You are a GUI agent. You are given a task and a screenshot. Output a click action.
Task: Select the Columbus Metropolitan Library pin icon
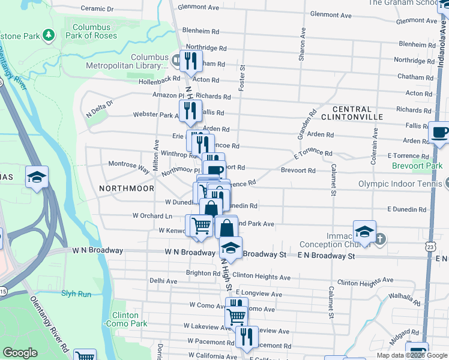(176, 60)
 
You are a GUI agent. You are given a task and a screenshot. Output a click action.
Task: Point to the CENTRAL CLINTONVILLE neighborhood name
(348, 113)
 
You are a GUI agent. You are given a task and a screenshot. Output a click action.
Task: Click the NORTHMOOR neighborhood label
(118, 188)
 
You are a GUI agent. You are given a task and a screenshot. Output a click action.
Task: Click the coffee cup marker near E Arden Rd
(439, 131)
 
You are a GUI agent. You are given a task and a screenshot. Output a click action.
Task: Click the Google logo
(20, 353)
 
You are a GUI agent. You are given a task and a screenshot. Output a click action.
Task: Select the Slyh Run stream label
(76, 293)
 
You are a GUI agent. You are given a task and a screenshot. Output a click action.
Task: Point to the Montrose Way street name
(128, 166)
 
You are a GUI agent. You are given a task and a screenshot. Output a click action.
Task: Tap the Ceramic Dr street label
(97, 9)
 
